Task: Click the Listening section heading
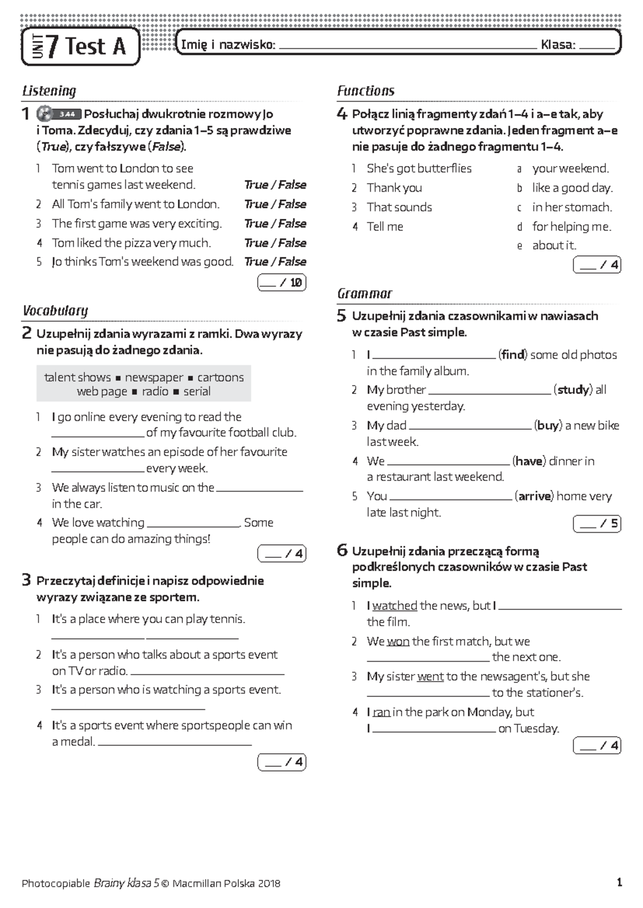[x=49, y=90]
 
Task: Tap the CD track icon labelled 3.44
[x=59, y=114]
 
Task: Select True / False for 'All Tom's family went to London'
[x=275, y=204]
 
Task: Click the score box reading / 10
[x=282, y=282]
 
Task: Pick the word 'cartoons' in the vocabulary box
[x=220, y=377]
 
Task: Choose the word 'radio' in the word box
[x=155, y=391]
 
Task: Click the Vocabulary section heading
[x=55, y=311]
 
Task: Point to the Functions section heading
[x=365, y=90]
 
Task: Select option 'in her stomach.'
[x=572, y=207]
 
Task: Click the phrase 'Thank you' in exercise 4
[x=394, y=188]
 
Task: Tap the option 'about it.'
[x=554, y=245]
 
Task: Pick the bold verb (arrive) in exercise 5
[x=534, y=496]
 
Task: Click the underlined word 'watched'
[x=395, y=606]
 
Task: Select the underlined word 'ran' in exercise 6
[x=382, y=712]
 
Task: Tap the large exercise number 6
[x=342, y=550]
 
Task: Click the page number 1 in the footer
[x=619, y=882]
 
